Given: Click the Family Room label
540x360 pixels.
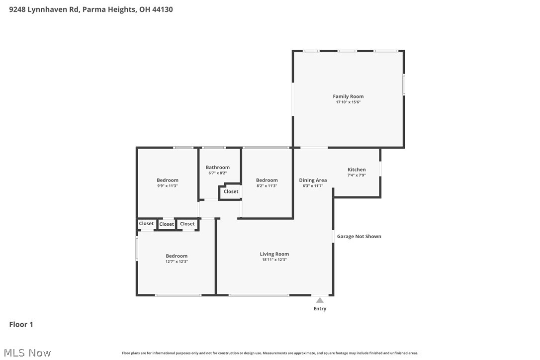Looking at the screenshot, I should click(x=348, y=96).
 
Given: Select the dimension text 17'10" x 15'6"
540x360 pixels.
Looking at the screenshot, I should click(x=348, y=102).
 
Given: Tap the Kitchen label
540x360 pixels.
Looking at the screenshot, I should click(x=357, y=170).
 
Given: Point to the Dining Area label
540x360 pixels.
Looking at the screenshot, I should click(x=313, y=180).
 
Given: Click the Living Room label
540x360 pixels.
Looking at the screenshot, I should click(x=274, y=254).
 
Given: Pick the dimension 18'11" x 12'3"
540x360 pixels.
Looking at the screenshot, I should click(x=274, y=260).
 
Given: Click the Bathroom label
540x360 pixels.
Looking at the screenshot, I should click(x=218, y=167).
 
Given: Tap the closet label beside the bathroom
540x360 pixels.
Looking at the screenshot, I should click(x=231, y=191).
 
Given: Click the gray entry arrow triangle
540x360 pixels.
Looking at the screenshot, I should click(x=320, y=300).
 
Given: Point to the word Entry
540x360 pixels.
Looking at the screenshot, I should click(x=320, y=309).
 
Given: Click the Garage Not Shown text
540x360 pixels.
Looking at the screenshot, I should click(x=359, y=236).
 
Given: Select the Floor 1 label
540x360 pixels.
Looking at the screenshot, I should click(x=21, y=325).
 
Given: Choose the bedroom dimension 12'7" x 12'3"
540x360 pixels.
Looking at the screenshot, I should click(x=177, y=262).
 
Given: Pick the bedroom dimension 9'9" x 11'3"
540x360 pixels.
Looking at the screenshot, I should click(x=167, y=186).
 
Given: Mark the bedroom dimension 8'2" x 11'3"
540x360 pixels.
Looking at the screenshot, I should click(x=267, y=186).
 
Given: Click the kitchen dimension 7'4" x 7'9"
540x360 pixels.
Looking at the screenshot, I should click(x=356, y=176).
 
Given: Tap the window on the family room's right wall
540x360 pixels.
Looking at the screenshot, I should click(x=404, y=85).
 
